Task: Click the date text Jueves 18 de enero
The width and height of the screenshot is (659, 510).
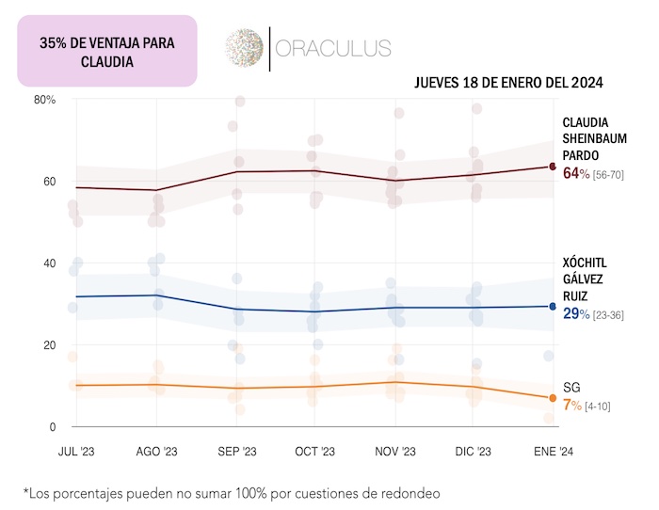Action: click(507, 83)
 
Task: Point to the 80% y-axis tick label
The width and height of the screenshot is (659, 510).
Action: click(45, 99)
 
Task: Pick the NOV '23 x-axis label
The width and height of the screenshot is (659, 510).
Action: click(395, 452)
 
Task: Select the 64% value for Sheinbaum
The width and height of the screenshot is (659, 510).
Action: click(575, 174)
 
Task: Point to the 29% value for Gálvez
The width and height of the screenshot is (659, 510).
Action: click(575, 313)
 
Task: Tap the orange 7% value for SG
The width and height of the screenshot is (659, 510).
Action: click(571, 406)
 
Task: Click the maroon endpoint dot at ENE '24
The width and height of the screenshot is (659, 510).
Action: click(553, 167)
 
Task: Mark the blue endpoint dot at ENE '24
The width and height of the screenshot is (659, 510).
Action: click(553, 306)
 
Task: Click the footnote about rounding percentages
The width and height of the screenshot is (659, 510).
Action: click(232, 492)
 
